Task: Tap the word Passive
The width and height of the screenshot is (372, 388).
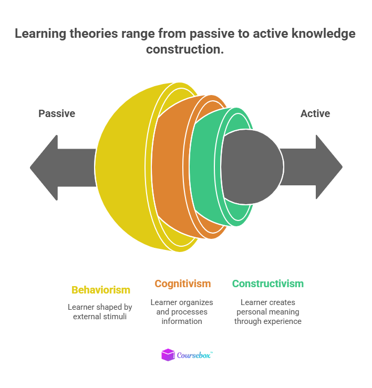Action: [57, 113]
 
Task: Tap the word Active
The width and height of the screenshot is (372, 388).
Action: [315, 113]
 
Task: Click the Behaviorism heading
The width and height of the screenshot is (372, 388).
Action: [101, 290]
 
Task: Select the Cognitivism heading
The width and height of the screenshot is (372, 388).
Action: [182, 284]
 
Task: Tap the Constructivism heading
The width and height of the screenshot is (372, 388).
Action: [268, 284]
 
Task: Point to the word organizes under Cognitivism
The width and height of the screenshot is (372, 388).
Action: [195, 302]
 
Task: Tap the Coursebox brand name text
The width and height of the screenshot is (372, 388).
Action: [194, 355]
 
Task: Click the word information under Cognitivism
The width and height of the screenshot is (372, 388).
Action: [182, 321]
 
